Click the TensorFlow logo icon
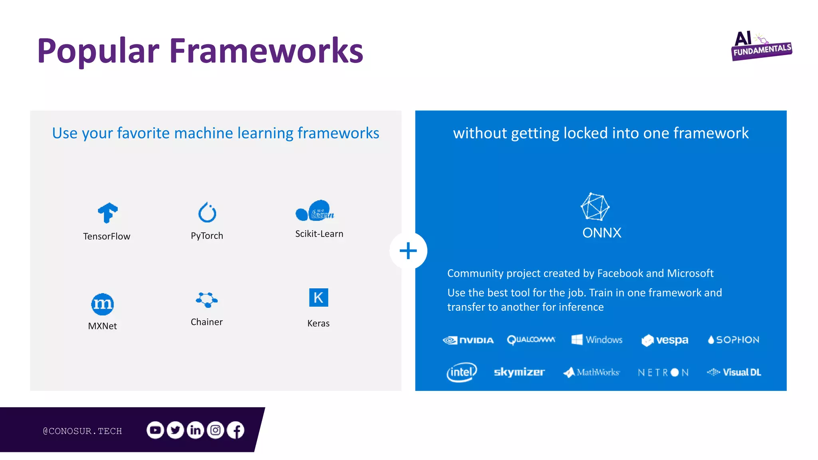tap(107, 212)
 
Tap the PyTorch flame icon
tap(207, 212)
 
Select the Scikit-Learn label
tap(319, 234)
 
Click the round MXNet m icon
tap(102, 304)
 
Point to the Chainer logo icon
tap(206, 299)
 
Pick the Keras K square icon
tap(318, 297)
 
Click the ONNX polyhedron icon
tap(595, 207)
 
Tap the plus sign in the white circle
tap(408, 251)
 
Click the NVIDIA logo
tap(468, 340)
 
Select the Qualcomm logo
tap(531, 340)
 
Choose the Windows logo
tap(597, 340)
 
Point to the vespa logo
tap(665, 340)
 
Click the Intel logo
tap(461, 372)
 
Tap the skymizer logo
tap(519, 372)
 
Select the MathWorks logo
tap(592, 372)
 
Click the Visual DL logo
tap(734, 372)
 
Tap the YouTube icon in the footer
tap(155, 430)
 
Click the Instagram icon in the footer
tap(215, 430)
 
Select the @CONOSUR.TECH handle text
tap(82, 431)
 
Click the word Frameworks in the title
tap(266, 51)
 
